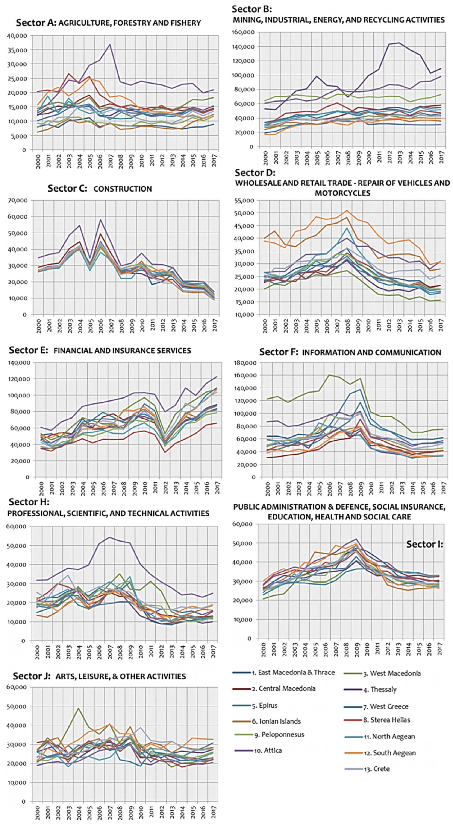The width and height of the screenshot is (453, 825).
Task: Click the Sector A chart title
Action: pyautogui.click(x=108, y=23)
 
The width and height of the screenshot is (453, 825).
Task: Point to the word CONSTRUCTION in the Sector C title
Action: pyautogui.click(x=123, y=189)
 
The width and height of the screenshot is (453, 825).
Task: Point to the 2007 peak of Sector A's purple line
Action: pyautogui.click(x=110, y=44)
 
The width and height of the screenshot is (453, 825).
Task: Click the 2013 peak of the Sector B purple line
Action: pyautogui.click(x=399, y=43)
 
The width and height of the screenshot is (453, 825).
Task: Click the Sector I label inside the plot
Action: pyautogui.click(x=424, y=544)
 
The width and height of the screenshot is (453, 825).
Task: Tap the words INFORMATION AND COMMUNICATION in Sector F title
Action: pyautogui.click(x=371, y=353)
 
